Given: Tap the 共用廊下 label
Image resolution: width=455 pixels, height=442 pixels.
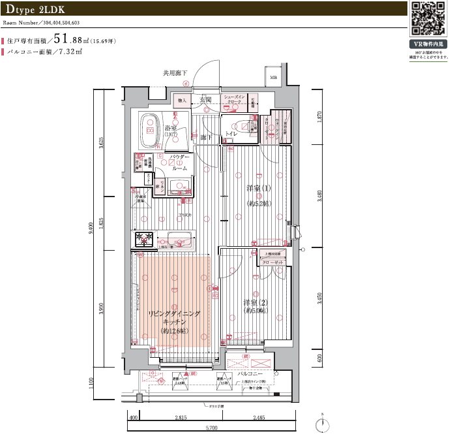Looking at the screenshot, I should point(175,74).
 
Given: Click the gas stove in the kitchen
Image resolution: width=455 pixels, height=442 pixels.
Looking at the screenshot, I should point(144,239).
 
